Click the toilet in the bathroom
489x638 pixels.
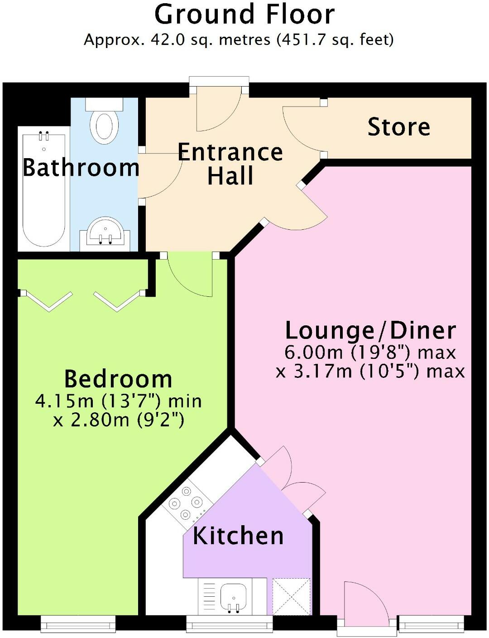point(105,122)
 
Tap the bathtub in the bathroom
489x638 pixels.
point(43,190)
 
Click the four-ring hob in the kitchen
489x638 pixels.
point(185,503)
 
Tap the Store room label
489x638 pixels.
point(398,127)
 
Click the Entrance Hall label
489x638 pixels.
point(230,164)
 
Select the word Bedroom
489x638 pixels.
point(118,379)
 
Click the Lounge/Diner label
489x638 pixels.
point(370,331)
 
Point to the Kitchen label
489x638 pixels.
point(238,536)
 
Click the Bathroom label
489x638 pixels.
point(81,168)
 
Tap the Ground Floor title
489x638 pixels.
point(244,14)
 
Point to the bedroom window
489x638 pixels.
point(78,624)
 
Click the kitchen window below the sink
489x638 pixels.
point(230,624)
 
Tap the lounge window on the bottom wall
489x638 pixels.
point(431,624)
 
